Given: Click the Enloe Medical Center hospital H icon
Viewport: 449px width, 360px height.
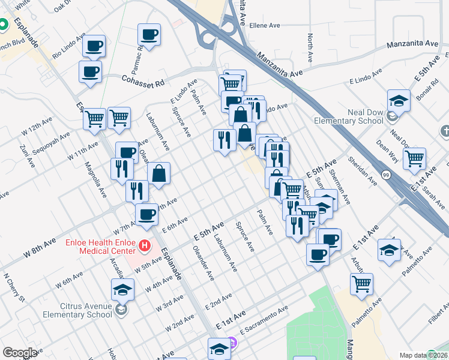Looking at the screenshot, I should (144, 245).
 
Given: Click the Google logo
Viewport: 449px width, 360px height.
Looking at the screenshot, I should (20, 353).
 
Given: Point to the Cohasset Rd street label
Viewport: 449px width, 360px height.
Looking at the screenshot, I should (143, 82).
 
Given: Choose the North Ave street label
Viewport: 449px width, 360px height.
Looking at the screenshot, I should (310, 48).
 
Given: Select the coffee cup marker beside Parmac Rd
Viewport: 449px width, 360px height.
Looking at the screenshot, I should (149, 35).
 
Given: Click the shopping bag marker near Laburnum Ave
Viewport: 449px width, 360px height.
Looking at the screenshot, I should (158, 174).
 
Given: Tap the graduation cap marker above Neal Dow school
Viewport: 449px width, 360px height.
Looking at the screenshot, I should (399, 100).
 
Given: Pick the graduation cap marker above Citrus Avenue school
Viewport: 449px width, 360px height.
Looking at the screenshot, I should (122, 290).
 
